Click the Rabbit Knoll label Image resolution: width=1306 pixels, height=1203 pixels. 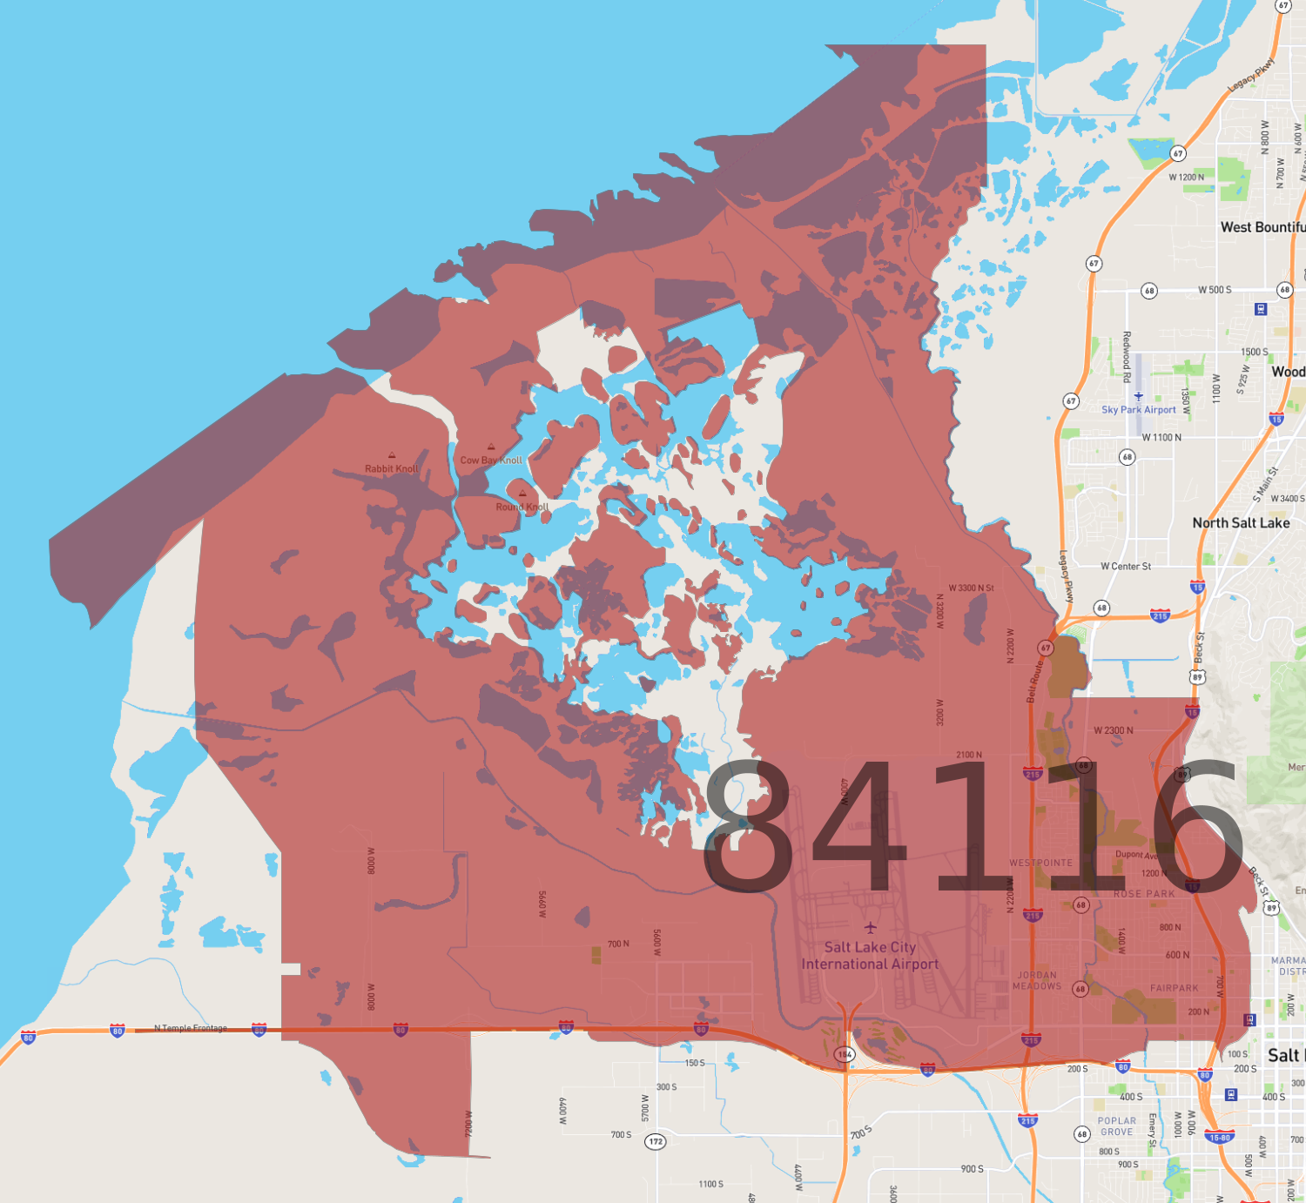click(391, 468)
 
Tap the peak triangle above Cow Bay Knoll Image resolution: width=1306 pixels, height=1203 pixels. click(491, 447)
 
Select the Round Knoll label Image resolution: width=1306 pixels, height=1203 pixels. click(522, 507)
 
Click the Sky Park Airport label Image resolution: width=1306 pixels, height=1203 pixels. click(1138, 409)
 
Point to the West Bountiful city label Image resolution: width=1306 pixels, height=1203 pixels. click(1262, 227)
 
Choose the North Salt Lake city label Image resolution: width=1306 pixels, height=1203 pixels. click(1241, 523)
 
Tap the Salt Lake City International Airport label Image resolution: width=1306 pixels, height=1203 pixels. click(870, 956)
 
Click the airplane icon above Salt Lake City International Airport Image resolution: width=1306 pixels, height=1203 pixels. click(870, 928)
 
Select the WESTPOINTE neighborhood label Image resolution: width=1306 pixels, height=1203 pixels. click(1040, 863)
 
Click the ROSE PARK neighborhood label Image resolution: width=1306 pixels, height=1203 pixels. click(1144, 894)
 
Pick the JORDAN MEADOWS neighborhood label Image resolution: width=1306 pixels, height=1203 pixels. click(1037, 981)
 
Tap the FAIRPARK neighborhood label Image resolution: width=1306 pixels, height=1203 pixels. click(1174, 988)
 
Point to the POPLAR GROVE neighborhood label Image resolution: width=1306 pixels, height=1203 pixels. click(1117, 1126)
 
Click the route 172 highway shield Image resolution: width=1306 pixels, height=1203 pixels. click(655, 1141)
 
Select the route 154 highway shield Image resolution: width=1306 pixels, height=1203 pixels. click(845, 1054)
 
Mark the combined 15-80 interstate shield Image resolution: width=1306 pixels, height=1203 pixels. click(1219, 1137)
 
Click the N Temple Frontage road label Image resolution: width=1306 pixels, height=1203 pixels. click(190, 1028)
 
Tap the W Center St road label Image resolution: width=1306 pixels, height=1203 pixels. click(1125, 567)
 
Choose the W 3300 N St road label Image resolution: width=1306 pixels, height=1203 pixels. click(971, 588)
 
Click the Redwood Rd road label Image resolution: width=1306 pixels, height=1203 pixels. click(1127, 356)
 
